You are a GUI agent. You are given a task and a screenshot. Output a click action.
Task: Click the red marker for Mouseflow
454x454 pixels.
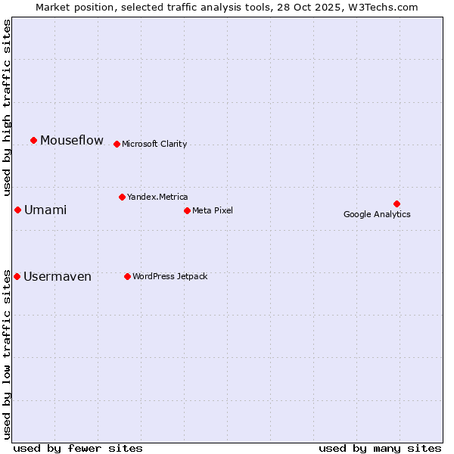(x=33, y=140)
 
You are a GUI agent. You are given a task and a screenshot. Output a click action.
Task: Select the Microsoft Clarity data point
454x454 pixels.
(x=117, y=144)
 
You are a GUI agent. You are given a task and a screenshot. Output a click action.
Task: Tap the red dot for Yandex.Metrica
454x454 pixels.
(x=122, y=197)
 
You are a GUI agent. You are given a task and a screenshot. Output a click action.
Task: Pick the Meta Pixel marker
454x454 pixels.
(x=187, y=210)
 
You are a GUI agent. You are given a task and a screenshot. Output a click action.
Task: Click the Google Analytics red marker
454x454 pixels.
(x=396, y=204)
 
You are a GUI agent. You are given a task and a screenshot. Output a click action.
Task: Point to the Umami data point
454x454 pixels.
(x=17, y=210)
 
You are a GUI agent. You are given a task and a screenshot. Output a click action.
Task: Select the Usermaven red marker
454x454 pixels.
(x=17, y=276)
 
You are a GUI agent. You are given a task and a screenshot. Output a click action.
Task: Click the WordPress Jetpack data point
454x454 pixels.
(x=127, y=276)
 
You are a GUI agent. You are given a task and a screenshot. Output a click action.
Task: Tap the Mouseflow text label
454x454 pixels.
(x=72, y=140)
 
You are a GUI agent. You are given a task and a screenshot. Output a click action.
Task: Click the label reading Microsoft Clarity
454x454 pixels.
(x=154, y=144)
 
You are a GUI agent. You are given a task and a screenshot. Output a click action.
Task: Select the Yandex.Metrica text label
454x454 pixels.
(x=157, y=197)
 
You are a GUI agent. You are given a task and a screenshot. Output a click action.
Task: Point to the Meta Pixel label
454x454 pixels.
(x=213, y=210)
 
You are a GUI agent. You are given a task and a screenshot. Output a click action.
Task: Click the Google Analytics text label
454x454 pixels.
(x=377, y=214)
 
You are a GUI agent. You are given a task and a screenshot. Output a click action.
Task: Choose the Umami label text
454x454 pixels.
(x=45, y=210)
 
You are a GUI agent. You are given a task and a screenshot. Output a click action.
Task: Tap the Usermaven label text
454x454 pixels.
(x=58, y=276)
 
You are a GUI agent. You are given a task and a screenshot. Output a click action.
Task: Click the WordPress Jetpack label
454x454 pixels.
(x=169, y=276)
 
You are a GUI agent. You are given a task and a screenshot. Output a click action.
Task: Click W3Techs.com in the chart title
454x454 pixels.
(x=390, y=7)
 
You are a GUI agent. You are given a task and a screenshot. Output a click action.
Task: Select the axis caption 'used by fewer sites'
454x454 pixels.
(x=78, y=448)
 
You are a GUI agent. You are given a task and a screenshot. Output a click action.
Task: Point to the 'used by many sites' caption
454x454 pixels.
(x=380, y=448)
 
